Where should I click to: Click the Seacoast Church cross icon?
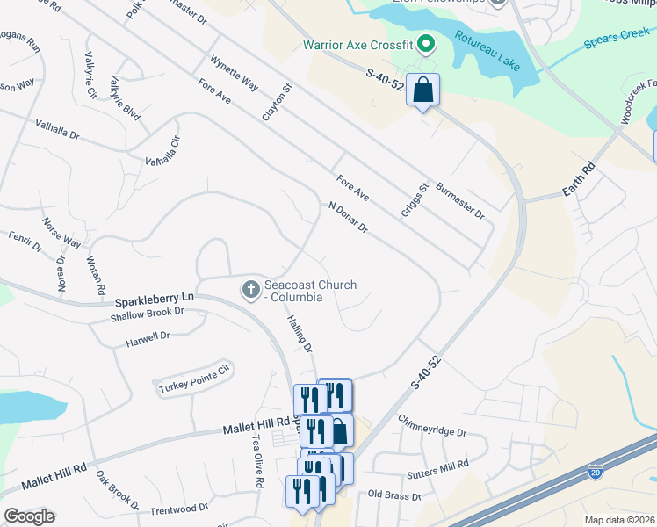click(250, 289)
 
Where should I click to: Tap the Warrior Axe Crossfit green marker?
click(426, 43)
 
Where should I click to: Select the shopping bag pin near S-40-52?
click(422, 90)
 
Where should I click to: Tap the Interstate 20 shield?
click(596, 472)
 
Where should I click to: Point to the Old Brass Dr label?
click(395, 496)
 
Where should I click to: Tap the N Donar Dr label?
click(348, 218)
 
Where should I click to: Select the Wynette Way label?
click(234, 74)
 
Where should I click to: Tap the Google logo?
click(29, 516)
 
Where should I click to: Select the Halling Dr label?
click(300, 336)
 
